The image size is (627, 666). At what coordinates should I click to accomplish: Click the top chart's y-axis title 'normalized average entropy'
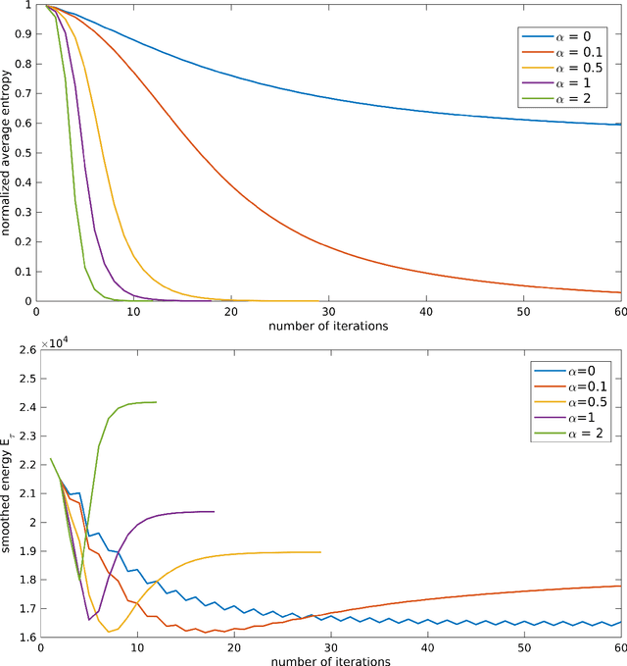(x=8, y=153)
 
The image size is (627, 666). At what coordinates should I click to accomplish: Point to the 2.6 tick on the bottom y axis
(x=24, y=349)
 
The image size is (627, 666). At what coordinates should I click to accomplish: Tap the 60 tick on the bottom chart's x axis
(x=619, y=648)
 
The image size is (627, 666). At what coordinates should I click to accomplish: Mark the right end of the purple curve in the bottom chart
(x=214, y=511)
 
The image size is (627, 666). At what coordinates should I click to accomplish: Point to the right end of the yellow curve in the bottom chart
(x=320, y=552)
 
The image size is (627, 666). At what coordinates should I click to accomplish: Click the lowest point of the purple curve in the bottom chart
(x=89, y=620)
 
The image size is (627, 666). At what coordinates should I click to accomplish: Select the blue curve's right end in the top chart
(x=620, y=125)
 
